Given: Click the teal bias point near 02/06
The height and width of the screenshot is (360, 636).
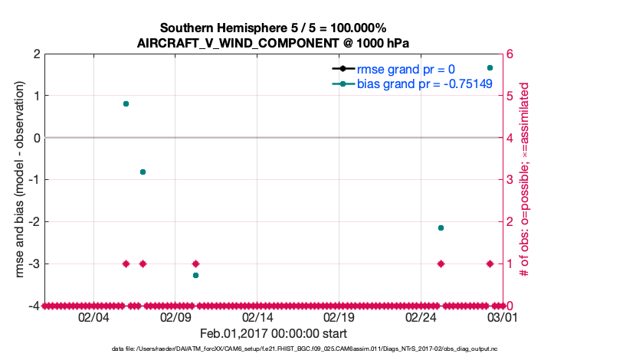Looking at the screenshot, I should pyautogui.click(x=126, y=103).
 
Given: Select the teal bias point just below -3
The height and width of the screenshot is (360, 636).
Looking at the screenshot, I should pyautogui.click(x=195, y=275).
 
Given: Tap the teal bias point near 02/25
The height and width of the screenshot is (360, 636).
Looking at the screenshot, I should pyautogui.click(x=441, y=227).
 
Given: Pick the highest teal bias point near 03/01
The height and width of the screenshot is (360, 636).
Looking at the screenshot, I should pyautogui.click(x=490, y=68).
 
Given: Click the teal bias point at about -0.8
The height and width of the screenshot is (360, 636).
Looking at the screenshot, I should pyautogui.click(x=143, y=172).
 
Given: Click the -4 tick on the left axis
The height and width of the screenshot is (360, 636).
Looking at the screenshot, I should pyautogui.click(x=34, y=306).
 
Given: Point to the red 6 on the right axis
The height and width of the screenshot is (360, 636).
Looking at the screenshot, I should pyautogui.click(x=510, y=54).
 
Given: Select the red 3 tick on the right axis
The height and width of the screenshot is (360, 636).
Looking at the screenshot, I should pyautogui.click(x=510, y=180).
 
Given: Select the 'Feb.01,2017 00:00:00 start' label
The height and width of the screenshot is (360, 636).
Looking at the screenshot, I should pyautogui.click(x=274, y=333).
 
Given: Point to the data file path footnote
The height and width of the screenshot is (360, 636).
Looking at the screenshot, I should pyautogui.click(x=318, y=349).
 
